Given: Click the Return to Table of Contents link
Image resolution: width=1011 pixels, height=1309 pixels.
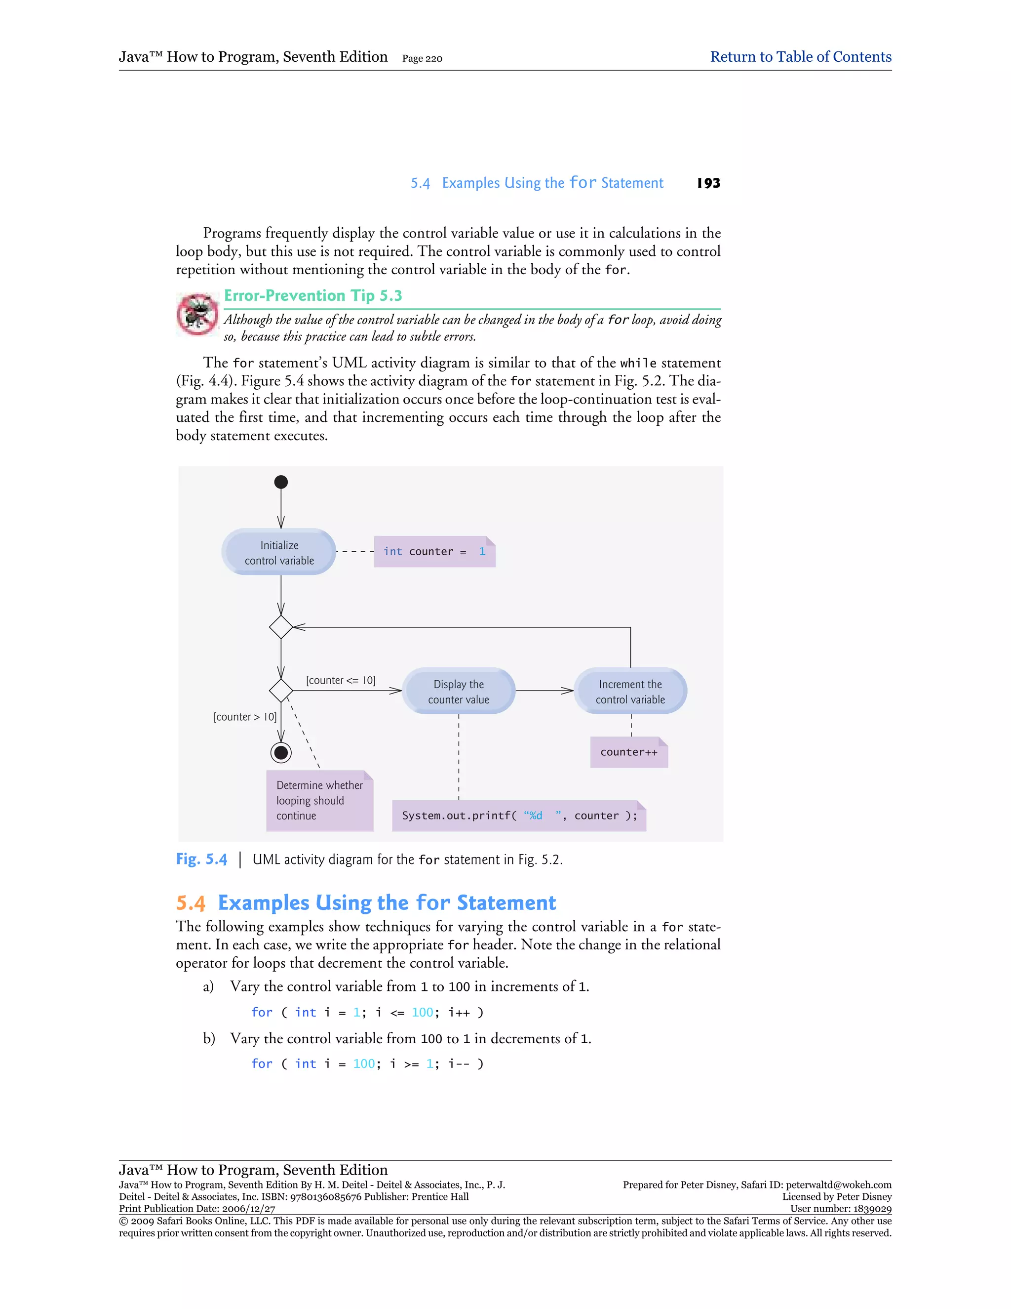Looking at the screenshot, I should point(800,57).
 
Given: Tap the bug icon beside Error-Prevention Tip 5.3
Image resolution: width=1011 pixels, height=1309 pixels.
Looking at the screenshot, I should point(197,314).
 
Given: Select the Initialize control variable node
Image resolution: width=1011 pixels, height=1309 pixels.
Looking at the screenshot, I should point(279,552).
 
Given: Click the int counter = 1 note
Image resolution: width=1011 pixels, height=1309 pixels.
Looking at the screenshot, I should point(434,551).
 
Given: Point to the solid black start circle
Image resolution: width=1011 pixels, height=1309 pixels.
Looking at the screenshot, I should point(281,482).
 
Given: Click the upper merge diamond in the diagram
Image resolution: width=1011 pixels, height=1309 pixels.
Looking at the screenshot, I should point(281,627).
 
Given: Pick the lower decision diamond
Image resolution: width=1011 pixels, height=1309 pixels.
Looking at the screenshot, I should point(281,691).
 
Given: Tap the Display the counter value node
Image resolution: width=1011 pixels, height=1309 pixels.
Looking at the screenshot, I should point(458,691).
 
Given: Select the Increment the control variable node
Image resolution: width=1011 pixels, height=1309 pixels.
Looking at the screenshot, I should point(630,691).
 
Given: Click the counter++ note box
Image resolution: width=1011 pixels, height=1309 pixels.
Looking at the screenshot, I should point(629,752).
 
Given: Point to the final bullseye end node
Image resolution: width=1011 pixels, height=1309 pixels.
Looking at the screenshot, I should point(281,752).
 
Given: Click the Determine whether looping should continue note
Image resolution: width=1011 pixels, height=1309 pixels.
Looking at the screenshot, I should point(319,800).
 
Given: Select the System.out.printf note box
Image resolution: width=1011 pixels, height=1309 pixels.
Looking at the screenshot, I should point(519,816).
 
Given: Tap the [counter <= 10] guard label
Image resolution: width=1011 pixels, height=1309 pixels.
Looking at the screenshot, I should point(341,680).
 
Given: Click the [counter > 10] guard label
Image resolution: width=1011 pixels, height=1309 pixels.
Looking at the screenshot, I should point(245,717).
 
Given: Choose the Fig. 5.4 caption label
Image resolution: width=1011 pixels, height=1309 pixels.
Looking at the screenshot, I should point(202,859).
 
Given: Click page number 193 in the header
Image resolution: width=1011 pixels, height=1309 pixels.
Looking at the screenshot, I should point(708,183).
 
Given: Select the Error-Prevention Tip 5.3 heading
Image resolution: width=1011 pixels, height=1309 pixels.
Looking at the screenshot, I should point(312,295).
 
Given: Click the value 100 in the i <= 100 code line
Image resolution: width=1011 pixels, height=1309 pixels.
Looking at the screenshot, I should point(422,1012).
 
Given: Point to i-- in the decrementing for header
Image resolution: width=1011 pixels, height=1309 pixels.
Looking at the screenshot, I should point(459,1064).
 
